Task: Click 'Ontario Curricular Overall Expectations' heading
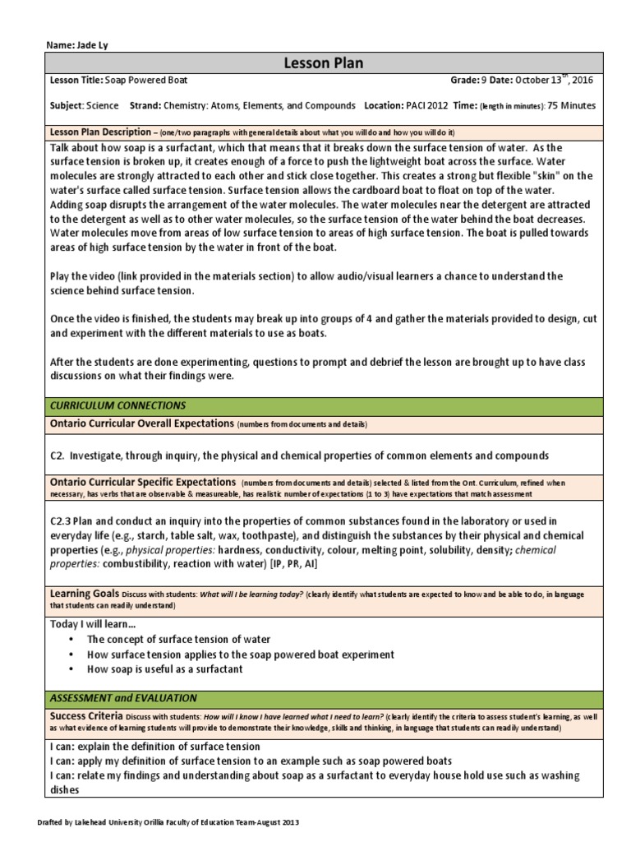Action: click(142, 423)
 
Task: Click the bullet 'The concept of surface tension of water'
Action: click(178, 639)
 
